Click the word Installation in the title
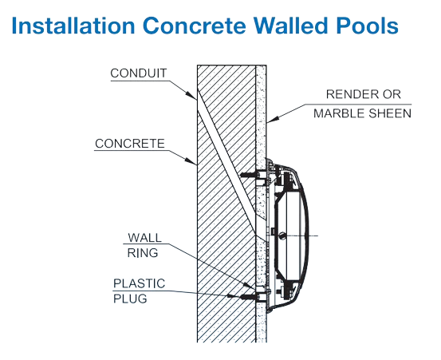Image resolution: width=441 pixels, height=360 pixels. (73, 26)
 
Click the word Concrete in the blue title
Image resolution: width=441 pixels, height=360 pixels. (195, 26)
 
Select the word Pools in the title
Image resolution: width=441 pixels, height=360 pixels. (367, 26)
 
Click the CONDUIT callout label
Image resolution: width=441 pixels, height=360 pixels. (139, 73)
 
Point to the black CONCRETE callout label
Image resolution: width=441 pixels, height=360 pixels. (130, 144)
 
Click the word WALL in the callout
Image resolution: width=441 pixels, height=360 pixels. (145, 238)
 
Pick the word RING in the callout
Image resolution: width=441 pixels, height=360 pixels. (143, 253)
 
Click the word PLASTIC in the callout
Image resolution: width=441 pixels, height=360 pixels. (139, 283)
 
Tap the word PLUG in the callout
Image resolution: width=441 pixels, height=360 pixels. (130, 299)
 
